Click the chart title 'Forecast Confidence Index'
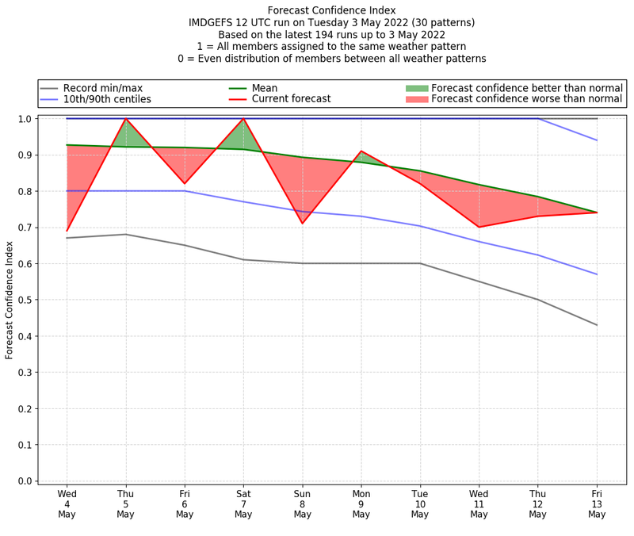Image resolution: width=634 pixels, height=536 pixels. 331,10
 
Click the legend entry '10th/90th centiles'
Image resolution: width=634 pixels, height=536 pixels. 107,99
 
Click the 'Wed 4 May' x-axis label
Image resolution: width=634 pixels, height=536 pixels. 67,503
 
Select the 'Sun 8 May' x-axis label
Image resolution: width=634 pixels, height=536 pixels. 303,503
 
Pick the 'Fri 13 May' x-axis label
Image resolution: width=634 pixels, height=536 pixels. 597,503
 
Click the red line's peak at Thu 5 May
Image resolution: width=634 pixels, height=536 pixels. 126,119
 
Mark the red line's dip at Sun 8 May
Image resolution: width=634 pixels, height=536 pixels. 303,224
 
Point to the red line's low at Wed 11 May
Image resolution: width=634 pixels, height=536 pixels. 479,227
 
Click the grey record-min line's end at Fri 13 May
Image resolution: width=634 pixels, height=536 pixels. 597,325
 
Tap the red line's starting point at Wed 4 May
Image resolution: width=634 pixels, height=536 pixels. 67,231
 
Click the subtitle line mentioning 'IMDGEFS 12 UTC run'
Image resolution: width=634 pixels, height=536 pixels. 331,23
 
